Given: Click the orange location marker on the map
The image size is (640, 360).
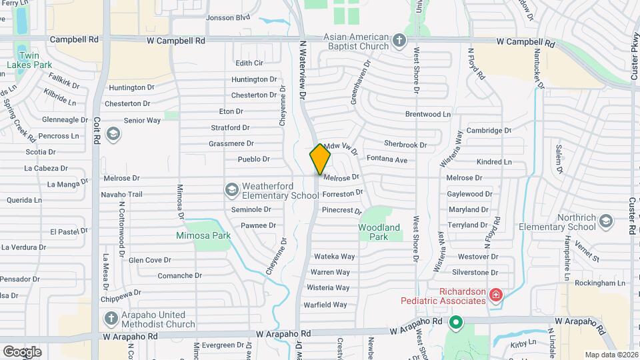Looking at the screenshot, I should click(320, 158).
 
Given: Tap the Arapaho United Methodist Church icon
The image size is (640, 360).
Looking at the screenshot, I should click(111, 319).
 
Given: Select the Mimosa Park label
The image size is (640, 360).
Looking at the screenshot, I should click(203, 235).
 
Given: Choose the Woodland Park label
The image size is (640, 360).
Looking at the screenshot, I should click(379, 232).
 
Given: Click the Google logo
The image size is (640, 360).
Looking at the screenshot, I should click(22, 351).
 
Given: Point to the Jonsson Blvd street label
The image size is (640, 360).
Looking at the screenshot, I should click(228, 17).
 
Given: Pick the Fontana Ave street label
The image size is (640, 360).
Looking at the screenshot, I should click(387, 160).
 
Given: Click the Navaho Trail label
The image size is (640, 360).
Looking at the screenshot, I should click(122, 195).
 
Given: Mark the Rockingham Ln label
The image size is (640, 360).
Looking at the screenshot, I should click(602, 283).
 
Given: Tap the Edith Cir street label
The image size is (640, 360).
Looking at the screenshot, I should click(250, 63).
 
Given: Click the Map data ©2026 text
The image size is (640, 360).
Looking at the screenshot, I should click(610, 355).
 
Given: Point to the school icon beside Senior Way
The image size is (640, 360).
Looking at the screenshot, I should click(113, 134).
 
